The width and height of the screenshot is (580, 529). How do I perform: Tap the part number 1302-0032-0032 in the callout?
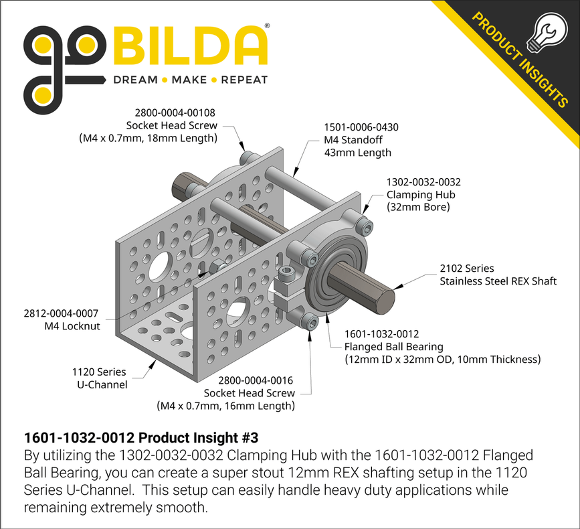[x=423, y=181]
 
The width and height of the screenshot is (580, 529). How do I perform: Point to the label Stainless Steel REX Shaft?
[x=498, y=281]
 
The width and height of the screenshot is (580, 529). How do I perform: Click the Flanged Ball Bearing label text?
[x=393, y=346]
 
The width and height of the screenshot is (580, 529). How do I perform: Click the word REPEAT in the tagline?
[x=244, y=80]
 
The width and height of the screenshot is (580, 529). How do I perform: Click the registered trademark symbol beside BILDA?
[x=268, y=25]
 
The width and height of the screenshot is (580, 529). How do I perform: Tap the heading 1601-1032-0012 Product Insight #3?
[x=140, y=437]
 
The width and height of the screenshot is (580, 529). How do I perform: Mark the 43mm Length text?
[x=357, y=152]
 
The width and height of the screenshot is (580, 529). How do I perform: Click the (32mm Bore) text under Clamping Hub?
[x=417, y=207]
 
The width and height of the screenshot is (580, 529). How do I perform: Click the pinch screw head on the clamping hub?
[x=288, y=274]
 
